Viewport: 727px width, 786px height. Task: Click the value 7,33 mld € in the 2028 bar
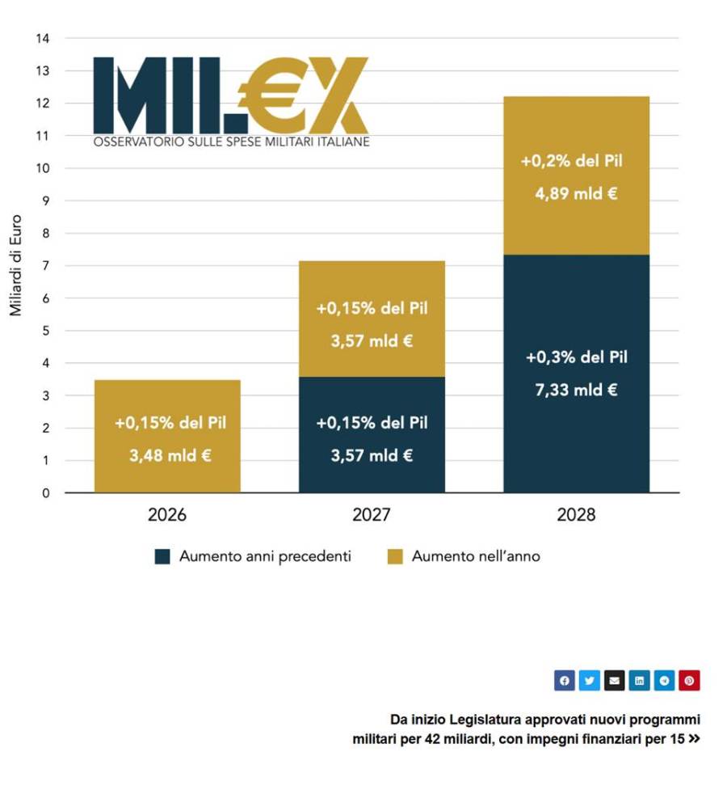576,390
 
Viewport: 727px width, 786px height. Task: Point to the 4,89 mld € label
576,194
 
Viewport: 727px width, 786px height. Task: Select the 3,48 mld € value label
170,455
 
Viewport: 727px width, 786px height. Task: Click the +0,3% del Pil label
576,357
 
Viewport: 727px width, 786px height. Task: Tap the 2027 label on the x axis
372,515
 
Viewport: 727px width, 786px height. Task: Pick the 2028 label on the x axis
576,515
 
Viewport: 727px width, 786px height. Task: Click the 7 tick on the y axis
46,266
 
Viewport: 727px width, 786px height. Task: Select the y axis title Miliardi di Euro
16,265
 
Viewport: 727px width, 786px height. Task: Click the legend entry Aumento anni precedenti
265,556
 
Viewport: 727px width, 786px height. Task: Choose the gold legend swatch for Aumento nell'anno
394,557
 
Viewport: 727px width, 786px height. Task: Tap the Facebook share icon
564,681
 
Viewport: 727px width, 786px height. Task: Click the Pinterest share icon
689,681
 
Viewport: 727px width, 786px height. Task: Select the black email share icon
614,681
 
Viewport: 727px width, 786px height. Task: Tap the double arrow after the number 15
694,738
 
